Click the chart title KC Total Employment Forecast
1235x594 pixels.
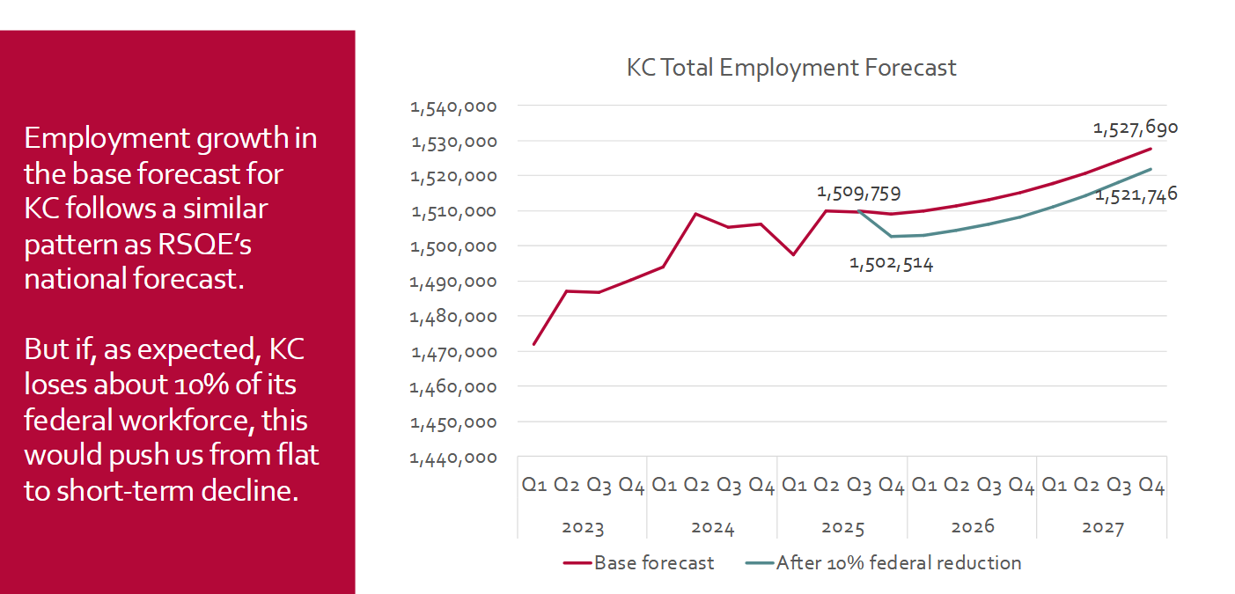791,68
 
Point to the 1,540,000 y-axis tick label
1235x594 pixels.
453,106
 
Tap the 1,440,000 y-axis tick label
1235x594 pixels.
453,458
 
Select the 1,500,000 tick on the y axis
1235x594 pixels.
453,247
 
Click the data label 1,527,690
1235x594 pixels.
1136,128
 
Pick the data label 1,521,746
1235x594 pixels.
1136,194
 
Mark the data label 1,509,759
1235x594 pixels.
858,193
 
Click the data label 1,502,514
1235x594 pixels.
891,264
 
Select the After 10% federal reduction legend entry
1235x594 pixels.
883,562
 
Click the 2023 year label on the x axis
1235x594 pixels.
583,527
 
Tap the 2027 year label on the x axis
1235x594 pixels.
1103,527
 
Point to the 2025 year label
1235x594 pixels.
842,527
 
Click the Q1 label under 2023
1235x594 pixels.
534,485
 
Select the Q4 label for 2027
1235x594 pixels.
1151,485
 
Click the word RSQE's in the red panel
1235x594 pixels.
204,244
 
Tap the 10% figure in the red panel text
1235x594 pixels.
202,384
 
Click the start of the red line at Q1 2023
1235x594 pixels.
534,344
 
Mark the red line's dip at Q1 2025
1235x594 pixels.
793,254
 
